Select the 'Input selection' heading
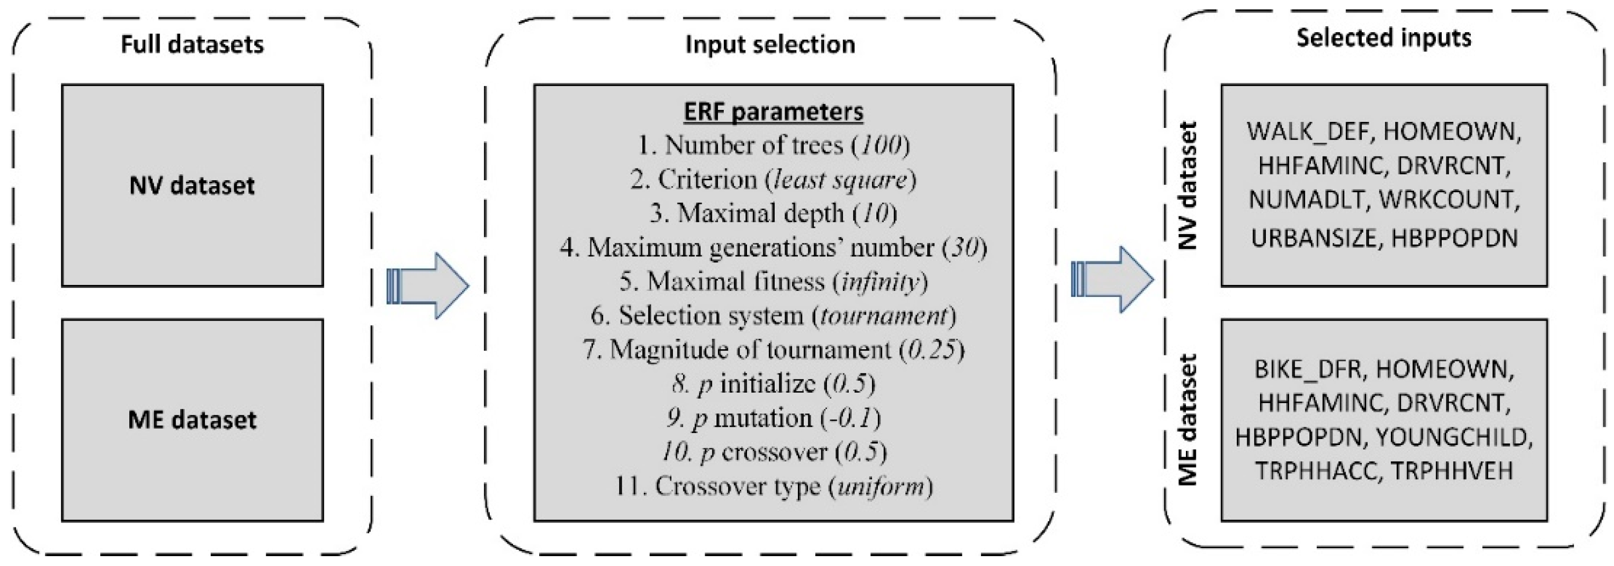click(x=770, y=45)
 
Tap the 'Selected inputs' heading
click(x=1383, y=38)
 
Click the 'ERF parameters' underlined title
click(x=773, y=112)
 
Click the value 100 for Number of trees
click(x=880, y=145)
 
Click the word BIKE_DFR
click(x=1307, y=369)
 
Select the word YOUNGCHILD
click(x=1454, y=438)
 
